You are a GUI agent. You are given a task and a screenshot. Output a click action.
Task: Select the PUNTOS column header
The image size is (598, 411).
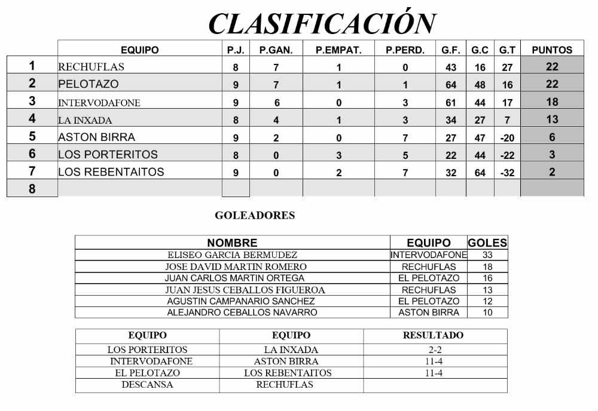coord(552,50)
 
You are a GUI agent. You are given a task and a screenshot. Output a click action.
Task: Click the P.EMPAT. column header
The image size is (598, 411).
coord(338,50)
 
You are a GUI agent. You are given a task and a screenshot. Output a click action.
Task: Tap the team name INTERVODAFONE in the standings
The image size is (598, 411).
coord(99,103)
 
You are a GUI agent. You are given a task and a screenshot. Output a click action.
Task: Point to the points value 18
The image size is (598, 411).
coord(552,102)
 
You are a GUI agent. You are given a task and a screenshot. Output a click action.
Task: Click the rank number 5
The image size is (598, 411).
coord(32,137)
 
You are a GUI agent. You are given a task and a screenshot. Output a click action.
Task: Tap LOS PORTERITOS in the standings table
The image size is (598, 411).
coord(108,155)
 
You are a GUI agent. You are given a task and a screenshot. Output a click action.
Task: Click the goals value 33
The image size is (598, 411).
coord(487,255)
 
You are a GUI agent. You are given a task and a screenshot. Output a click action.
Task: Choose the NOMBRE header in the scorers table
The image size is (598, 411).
coord(232,243)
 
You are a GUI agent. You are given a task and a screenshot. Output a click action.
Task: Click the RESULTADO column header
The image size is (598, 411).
coord(435,336)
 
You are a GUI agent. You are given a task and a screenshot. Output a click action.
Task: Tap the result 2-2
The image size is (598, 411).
coord(435,349)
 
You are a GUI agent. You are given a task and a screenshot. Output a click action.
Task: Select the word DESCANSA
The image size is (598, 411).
coord(147,385)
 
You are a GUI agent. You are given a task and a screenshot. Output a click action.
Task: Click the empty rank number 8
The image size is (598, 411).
coord(32,189)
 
